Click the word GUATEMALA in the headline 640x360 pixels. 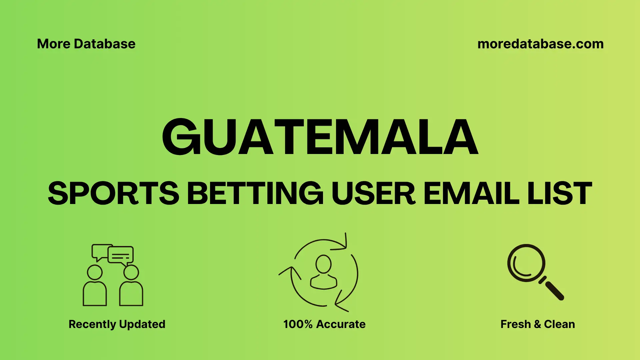(x=320, y=137)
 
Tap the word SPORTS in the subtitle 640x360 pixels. (x=113, y=193)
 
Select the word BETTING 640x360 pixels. (x=255, y=193)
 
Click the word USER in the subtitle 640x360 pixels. (x=373, y=193)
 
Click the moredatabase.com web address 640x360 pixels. (x=540, y=44)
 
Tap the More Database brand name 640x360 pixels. (x=86, y=44)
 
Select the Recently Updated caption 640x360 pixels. (x=117, y=324)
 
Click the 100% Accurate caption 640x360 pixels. (x=324, y=324)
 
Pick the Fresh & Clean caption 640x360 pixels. (x=538, y=324)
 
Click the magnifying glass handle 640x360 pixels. (x=554, y=290)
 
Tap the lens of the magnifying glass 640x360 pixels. (x=526, y=263)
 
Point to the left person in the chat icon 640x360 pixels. (x=95, y=287)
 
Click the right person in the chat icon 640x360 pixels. (x=131, y=287)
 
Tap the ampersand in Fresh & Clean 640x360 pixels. (x=537, y=324)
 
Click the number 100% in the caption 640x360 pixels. (x=298, y=324)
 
